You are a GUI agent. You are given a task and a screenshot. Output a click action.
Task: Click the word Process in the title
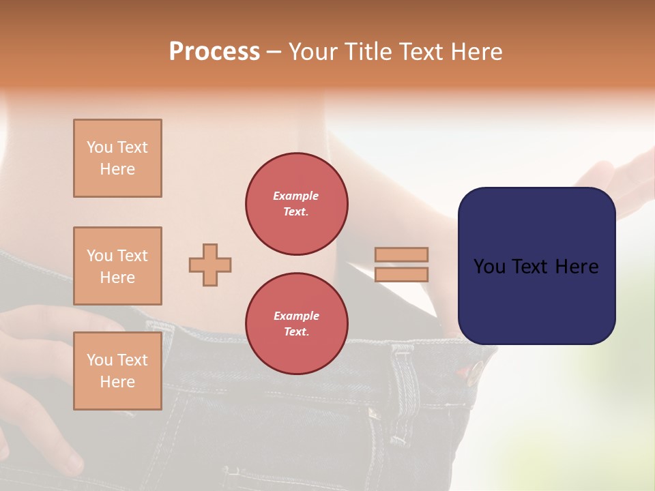point(214,52)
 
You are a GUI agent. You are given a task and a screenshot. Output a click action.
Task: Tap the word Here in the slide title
point(476,52)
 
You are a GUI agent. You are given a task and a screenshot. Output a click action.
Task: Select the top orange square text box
point(117,158)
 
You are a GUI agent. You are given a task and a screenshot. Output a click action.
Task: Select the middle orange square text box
point(117,266)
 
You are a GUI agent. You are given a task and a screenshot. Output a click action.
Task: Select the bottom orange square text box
point(117,371)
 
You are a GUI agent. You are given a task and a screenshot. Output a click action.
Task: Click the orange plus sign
point(210,265)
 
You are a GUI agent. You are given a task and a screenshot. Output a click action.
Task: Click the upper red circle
point(297,204)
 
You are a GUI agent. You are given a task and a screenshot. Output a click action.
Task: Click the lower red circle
point(297,323)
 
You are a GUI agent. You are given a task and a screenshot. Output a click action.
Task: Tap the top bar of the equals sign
point(401,254)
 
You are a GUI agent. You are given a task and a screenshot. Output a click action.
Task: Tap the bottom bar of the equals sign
point(401,274)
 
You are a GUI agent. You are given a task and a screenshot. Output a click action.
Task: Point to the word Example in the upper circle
point(296,196)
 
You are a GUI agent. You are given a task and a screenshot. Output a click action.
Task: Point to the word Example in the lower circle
point(296,316)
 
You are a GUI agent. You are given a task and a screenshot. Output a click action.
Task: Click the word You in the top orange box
point(99,147)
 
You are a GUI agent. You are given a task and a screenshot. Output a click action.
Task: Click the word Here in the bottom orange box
point(117,382)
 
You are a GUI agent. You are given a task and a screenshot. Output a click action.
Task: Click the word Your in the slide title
point(314,52)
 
